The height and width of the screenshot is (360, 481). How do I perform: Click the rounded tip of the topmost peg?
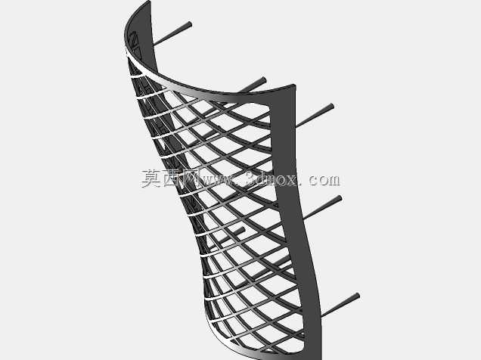click(x=189, y=24)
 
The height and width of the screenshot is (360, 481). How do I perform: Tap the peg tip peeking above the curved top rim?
click(x=263, y=80)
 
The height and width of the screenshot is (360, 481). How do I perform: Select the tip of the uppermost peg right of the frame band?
click(x=330, y=107)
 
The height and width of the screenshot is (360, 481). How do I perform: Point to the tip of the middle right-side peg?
click(x=339, y=198)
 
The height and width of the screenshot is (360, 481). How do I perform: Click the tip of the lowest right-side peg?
click(x=356, y=296)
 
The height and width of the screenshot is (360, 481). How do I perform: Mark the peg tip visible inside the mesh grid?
click(x=242, y=230)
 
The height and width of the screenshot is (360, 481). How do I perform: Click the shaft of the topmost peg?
click(x=172, y=35)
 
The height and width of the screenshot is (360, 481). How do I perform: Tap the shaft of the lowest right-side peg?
click(x=339, y=306)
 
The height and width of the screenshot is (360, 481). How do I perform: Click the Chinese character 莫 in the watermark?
click(x=151, y=178)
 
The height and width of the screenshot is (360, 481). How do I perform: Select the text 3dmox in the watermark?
click(x=272, y=179)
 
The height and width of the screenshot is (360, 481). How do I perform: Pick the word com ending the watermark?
click(x=324, y=180)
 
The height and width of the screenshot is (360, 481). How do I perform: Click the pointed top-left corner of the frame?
click(x=150, y=2)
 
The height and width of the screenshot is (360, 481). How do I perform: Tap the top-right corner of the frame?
click(x=294, y=85)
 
